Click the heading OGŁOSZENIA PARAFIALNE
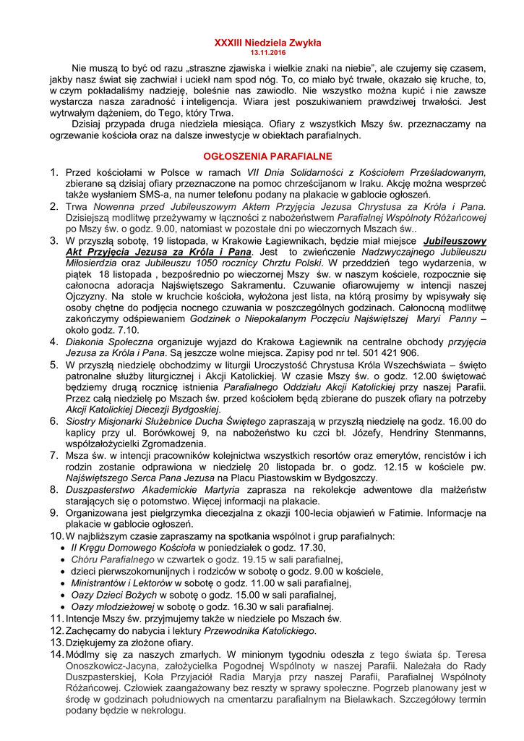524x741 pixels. (x=267, y=156)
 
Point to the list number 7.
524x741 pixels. (x=54, y=456)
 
